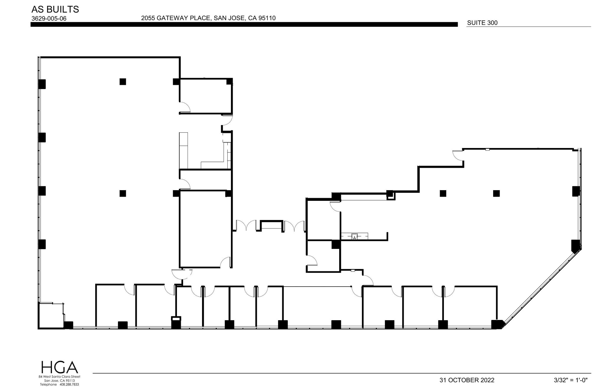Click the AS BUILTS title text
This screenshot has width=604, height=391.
tap(55, 9)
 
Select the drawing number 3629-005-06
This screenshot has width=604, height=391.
tap(49, 19)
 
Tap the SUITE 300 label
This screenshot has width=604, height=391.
tap(482, 23)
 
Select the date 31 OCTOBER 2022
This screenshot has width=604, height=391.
tap(467, 380)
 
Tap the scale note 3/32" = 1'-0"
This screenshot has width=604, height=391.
tap(570, 380)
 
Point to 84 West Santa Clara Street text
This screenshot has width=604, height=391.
tap(59, 377)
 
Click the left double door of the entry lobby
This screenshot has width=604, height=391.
tap(246, 226)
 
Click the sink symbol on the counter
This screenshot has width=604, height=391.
tap(354, 236)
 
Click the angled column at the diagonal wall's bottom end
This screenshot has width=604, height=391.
tap(498, 324)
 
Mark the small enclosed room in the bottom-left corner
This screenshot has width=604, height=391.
tap(51, 315)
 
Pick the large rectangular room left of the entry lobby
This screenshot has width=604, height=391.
tap(205, 229)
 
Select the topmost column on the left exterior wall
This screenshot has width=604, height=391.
tap(42, 84)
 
